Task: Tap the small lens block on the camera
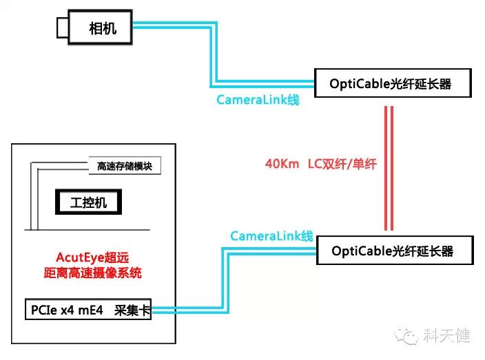(62, 28)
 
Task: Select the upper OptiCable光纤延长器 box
(392, 84)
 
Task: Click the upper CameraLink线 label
(258, 100)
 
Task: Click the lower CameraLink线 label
(271, 236)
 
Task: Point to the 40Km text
(280, 165)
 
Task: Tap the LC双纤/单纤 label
(342, 165)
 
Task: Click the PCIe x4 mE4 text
(67, 310)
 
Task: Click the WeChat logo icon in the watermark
(410, 337)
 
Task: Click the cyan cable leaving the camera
(172, 27)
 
